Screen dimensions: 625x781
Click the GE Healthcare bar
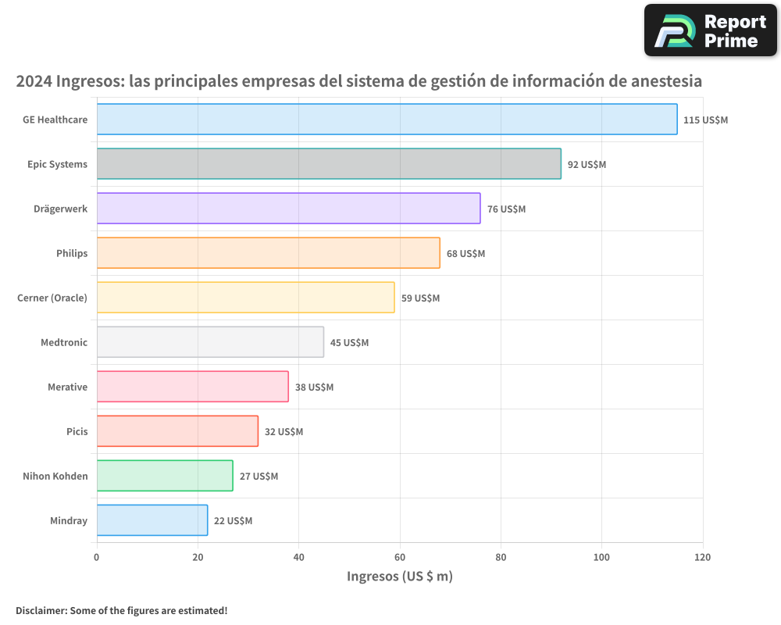point(387,120)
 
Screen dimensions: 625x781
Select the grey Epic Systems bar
point(329,164)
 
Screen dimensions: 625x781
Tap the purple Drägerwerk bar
point(288,209)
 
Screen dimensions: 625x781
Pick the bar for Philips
point(268,253)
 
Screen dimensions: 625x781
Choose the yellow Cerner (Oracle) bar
point(245,298)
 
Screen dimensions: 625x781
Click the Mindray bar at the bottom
point(152,520)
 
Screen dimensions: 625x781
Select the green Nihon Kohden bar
point(165,476)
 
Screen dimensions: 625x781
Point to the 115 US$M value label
point(705,120)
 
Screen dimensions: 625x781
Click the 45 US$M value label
point(349,343)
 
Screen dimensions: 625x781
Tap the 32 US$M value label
point(284,432)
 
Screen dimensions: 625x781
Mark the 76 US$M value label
point(506,209)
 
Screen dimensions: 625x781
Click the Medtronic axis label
point(64,342)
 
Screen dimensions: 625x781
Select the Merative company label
point(67,387)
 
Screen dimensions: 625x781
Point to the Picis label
point(77,431)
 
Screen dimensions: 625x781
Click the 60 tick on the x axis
point(400,557)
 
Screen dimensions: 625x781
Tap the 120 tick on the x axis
point(702,557)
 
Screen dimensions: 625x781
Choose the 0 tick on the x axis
point(97,557)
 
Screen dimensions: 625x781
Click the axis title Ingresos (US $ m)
point(399,577)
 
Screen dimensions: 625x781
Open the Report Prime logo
point(710,30)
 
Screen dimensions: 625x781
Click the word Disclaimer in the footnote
point(41,610)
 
